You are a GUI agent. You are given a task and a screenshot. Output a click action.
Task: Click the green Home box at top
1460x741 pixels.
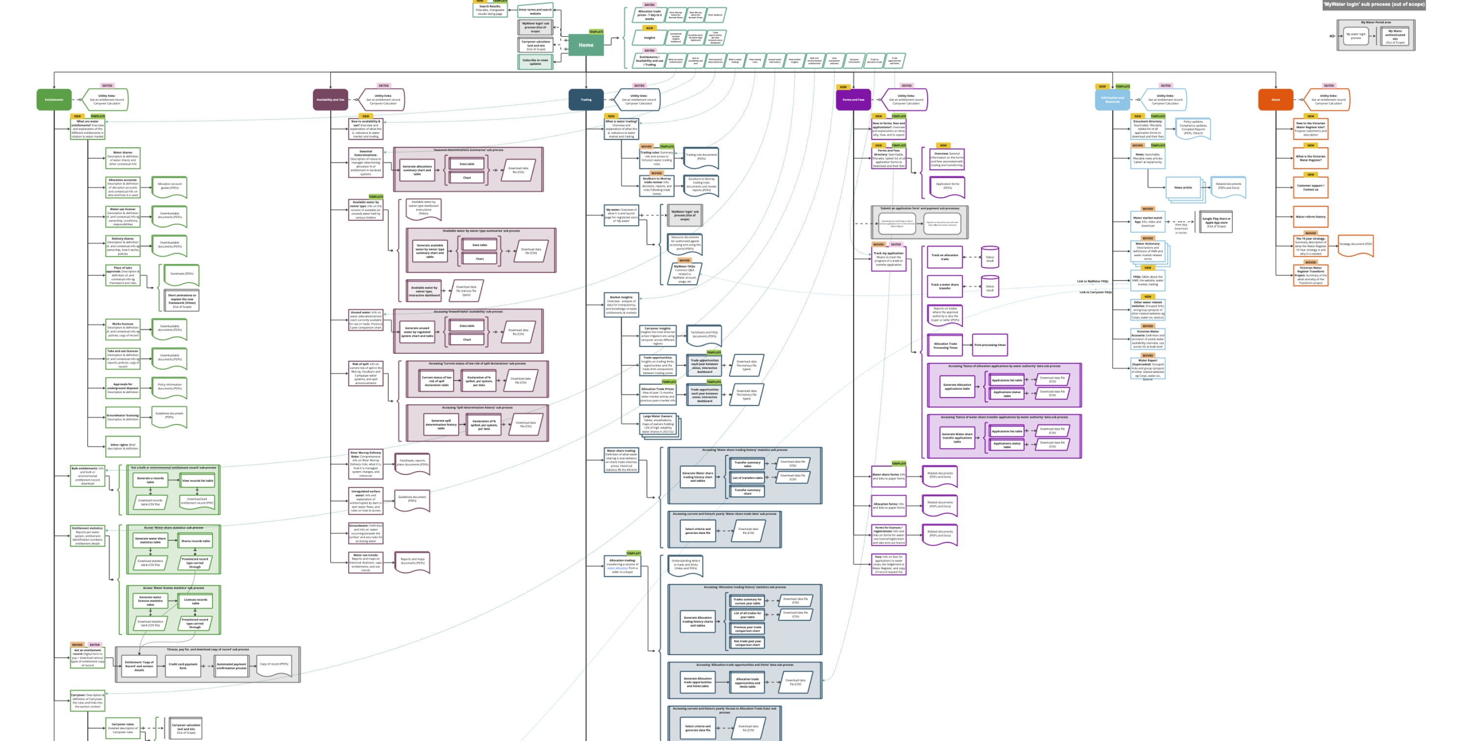pyautogui.click(x=585, y=45)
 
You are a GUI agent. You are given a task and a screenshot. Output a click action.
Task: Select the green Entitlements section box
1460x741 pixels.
pyautogui.click(x=54, y=100)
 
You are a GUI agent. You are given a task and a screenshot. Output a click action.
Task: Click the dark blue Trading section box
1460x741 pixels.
pyautogui.click(x=585, y=100)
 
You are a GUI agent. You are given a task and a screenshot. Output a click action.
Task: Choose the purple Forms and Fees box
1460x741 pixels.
pyautogui.click(x=853, y=100)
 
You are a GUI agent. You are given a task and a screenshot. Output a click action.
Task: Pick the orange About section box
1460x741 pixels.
pyautogui.click(x=1275, y=100)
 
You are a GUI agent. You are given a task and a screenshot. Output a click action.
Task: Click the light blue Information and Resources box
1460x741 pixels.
pyautogui.click(x=1112, y=100)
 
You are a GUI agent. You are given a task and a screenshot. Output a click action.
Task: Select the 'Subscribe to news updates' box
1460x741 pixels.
pyautogui.click(x=535, y=61)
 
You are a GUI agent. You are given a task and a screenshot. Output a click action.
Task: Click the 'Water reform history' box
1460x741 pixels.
pyautogui.click(x=1310, y=216)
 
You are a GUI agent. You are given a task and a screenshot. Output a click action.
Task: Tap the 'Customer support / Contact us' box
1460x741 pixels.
pyautogui.click(x=1310, y=187)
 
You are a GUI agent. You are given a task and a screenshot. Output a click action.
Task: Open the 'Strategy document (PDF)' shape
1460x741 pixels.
pyautogui.click(x=1356, y=244)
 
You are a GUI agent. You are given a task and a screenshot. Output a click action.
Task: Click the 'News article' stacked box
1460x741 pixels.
pyautogui.click(x=1183, y=187)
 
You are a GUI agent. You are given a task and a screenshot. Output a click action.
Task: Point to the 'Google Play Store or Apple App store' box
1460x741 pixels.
pyautogui.click(x=1216, y=222)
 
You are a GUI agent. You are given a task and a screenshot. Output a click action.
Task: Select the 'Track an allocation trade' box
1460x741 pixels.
pyautogui.click(x=944, y=257)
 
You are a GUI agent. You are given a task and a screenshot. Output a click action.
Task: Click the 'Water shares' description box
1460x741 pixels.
pyautogui.click(x=123, y=158)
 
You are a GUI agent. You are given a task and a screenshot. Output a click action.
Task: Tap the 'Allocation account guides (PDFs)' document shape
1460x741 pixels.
pyautogui.click(x=169, y=186)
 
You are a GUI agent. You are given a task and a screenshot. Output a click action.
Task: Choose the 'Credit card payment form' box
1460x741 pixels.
pyautogui.click(x=182, y=665)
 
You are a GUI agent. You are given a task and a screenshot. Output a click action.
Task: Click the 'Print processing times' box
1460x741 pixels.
pyautogui.click(x=990, y=344)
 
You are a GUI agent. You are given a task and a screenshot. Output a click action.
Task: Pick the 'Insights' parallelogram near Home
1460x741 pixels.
pyautogui.click(x=650, y=38)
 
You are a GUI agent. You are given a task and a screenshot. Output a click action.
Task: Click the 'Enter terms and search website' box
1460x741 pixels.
pyautogui.click(x=535, y=11)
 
